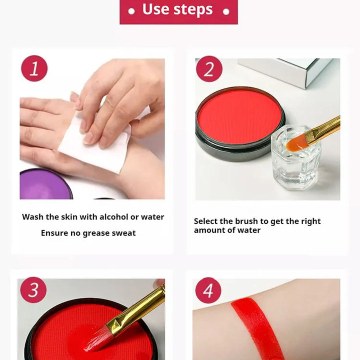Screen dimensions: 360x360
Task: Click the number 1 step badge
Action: tap(34, 68)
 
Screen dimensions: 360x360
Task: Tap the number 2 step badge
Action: tap(209, 69)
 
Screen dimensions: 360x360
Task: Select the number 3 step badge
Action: tap(33, 289)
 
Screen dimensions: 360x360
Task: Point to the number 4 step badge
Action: tap(208, 290)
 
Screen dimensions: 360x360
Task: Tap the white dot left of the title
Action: tap(131, 11)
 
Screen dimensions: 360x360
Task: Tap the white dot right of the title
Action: tap(226, 11)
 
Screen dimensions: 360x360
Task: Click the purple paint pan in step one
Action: tap(45, 184)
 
